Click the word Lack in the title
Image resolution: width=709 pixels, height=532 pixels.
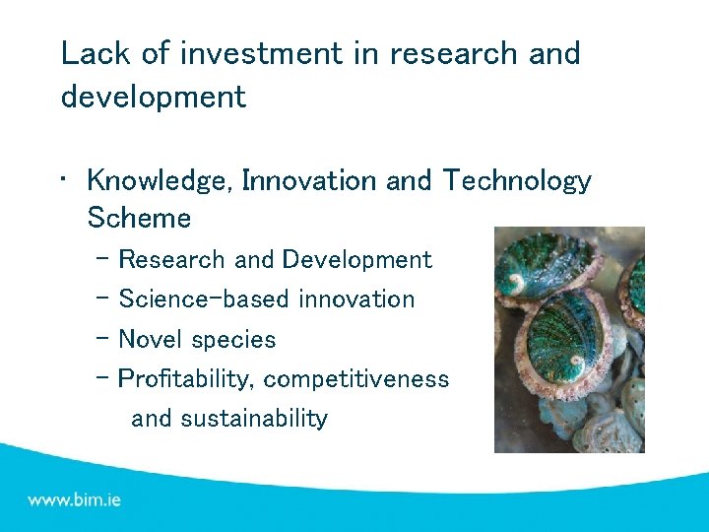(91, 53)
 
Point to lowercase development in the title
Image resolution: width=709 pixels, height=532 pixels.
(153, 98)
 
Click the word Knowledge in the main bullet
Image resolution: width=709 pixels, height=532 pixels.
(158, 181)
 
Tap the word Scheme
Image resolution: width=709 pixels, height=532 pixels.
(139, 217)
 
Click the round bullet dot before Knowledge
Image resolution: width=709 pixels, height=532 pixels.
(64, 179)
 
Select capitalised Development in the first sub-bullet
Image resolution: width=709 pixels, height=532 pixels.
(356, 260)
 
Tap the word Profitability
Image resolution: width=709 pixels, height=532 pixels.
(187, 379)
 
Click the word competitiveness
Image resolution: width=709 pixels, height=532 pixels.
(356, 379)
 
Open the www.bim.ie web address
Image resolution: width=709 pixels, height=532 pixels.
(75, 499)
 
